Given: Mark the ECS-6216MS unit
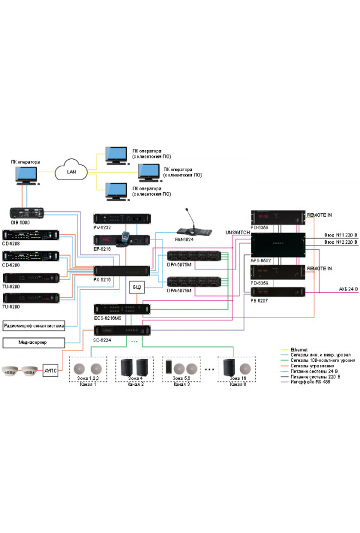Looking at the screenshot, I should tap(122, 308).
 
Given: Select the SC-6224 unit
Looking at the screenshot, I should tap(122, 330).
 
